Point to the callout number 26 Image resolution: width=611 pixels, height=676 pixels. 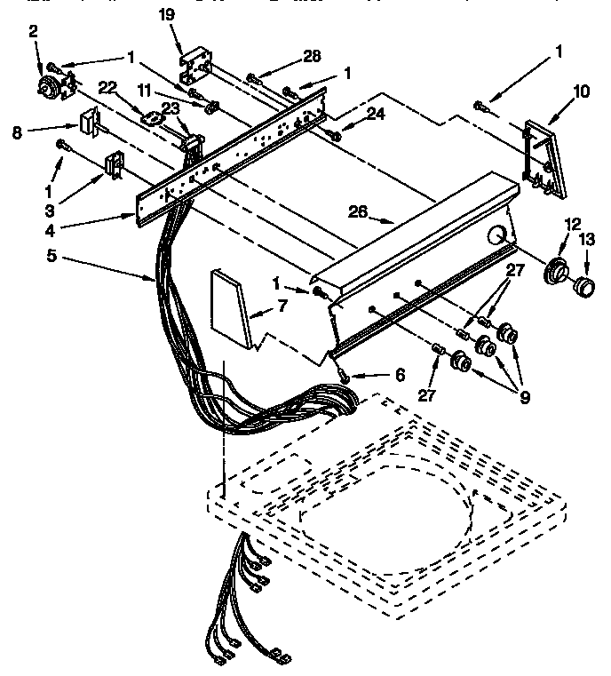(x=357, y=212)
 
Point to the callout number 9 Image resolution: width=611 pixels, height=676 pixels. (x=525, y=399)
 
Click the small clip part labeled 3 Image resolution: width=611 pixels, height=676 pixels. (x=114, y=165)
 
